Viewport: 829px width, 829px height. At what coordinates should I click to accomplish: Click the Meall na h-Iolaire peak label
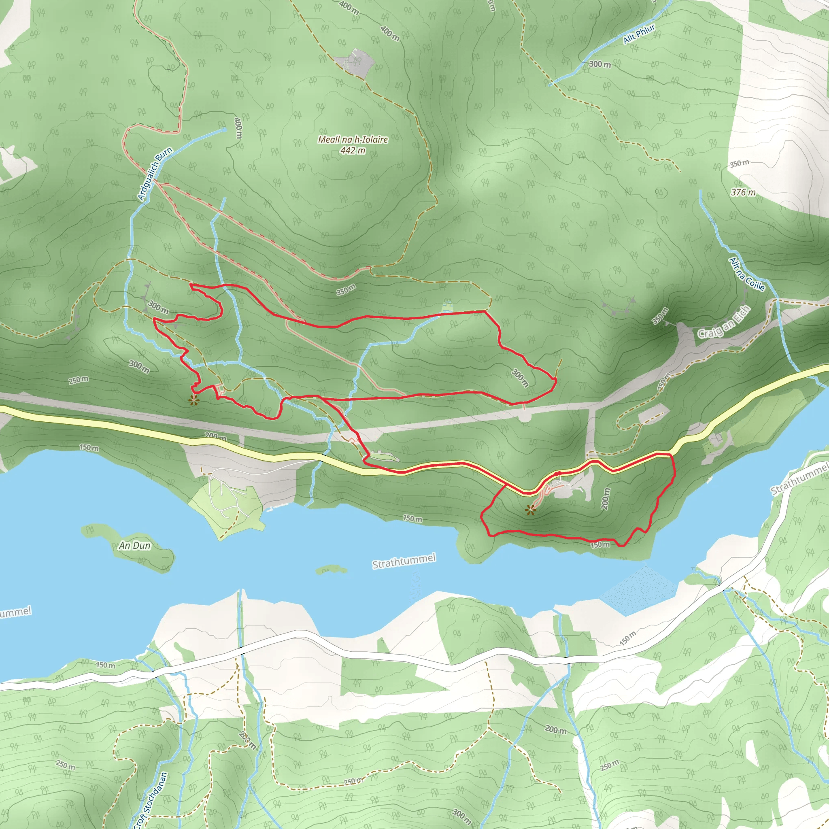(x=353, y=140)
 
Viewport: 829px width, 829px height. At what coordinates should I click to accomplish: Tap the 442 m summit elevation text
(x=353, y=151)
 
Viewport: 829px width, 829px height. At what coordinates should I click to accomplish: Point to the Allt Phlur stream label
(x=639, y=34)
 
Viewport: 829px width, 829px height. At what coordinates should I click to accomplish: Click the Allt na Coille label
(x=746, y=274)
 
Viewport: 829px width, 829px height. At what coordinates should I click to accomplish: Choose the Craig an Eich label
(x=724, y=322)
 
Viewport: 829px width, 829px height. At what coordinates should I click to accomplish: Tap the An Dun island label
(x=135, y=545)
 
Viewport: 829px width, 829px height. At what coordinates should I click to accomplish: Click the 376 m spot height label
(x=743, y=192)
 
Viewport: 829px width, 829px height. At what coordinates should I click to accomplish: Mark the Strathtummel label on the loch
(x=404, y=561)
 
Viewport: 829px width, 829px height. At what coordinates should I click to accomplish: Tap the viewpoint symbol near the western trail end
(x=194, y=401)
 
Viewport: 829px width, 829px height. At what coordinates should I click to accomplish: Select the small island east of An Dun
(x=331, y=570)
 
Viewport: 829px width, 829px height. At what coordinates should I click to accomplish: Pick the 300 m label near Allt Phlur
(x=599, y=64)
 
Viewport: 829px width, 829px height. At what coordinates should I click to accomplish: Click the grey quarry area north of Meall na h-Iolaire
(x=356, y=62)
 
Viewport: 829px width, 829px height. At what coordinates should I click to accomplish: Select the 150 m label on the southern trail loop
(x=600, y=545)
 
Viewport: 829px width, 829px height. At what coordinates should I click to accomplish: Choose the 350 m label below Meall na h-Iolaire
(x=345, y=290)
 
